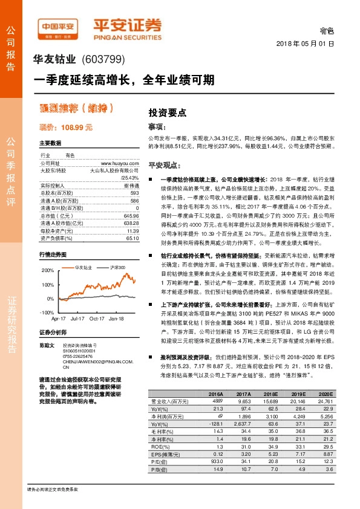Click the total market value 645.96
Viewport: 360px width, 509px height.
131,216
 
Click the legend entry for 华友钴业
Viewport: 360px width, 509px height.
83,267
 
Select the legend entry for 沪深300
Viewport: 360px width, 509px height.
117,267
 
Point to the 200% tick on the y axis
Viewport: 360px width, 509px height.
47,270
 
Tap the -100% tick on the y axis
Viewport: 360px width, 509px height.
47,312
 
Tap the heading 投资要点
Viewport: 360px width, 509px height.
168,112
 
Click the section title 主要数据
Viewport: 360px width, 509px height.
50,143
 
